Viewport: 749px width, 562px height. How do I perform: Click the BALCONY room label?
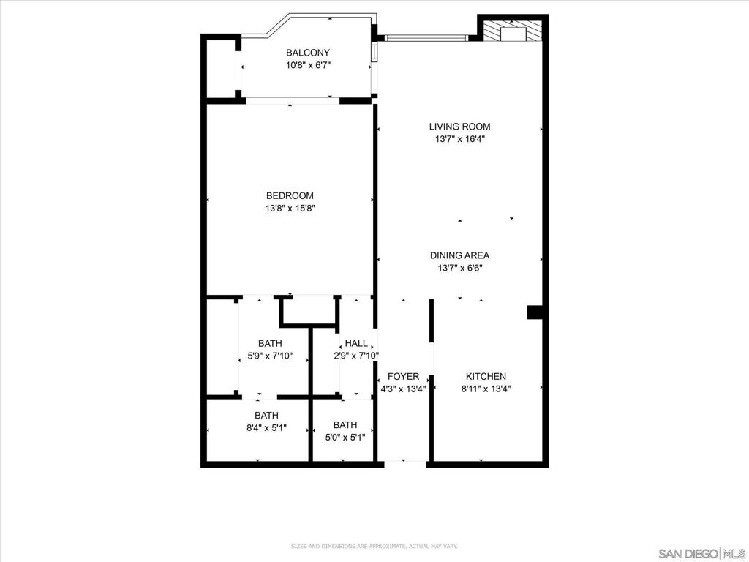[308, 53]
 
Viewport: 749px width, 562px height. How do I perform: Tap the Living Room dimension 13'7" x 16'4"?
[459, 140]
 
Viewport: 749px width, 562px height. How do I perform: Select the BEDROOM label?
[290, 195]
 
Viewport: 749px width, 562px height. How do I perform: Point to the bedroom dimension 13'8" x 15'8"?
[290, 209]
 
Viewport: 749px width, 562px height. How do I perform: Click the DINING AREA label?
[459, 255]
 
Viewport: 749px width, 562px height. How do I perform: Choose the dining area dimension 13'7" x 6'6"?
[459, 268]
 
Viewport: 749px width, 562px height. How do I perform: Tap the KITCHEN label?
[486, 376]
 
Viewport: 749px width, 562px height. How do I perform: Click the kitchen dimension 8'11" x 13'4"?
[486, 389]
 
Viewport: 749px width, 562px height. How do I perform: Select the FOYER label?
[403, 376]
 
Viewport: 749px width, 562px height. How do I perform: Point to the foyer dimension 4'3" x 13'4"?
[403, 389]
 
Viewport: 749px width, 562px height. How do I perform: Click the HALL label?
[356, 343]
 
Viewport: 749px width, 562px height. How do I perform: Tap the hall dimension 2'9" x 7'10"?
[356, 356]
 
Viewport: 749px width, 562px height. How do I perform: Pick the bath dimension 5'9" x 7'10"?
[270, 356]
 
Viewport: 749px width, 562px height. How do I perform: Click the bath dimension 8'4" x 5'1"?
[266, 428]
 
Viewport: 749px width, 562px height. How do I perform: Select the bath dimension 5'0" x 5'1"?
[345, 438]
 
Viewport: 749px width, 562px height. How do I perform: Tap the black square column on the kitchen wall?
[535, 312]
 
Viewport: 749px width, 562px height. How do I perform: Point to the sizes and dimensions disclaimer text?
[374, 546]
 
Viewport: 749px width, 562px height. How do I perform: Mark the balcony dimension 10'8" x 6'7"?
[308, 65]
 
